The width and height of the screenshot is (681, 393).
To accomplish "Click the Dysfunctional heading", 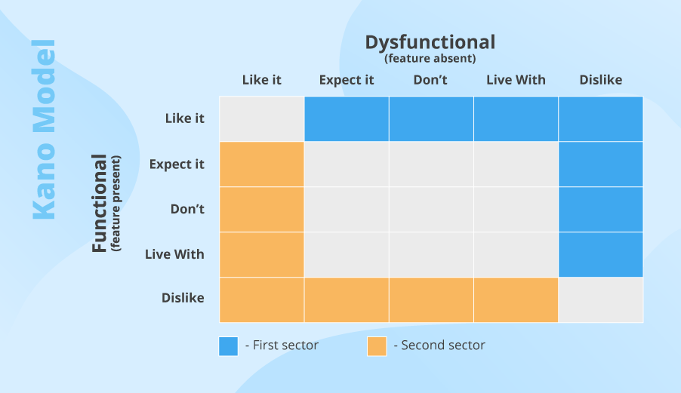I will pyautogui.click(x=430, y=41).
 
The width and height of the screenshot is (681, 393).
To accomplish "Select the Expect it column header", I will pyautogui.click(x=347, y=80).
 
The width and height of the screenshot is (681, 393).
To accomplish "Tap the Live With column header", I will pyautogui.click(x=516, y=80).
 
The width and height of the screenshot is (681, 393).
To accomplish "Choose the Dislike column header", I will pyautogui.click(x=601, y=80).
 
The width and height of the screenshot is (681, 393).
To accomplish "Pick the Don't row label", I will pyautogui.click(x=187, y=209).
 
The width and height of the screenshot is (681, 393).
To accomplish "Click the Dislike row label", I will pyautogui.click(x=183, y=298).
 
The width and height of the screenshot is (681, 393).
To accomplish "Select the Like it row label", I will pyautogui.click(x=185, y=118).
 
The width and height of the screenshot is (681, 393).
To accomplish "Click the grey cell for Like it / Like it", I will pyautogui.click(x=262, y=118).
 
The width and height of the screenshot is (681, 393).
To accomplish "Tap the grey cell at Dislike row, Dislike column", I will pyautogui.click(x=601, y=299).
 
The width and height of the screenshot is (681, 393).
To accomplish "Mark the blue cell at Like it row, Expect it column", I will pyautogui.click(x=347, y=118).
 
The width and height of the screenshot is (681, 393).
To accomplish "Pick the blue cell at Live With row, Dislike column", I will pyautogui.click(x=601, y=254).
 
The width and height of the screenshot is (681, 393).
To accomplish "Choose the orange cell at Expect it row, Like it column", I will pyautogui.click(x=262, y=164).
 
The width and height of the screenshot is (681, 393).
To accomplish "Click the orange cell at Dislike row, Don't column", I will pyautogui.click(x=431, y=299).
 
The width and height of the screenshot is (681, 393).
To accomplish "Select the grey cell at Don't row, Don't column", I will pyautogui.click(x=431, y=209).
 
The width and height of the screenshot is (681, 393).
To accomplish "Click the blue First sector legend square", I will pyautogui.click(x=228, y=346).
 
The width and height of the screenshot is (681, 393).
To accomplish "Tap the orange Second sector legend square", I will pyautogui.click(x=377, y=346).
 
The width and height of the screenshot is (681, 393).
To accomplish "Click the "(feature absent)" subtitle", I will pyautogui.click(x=430, y=58).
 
